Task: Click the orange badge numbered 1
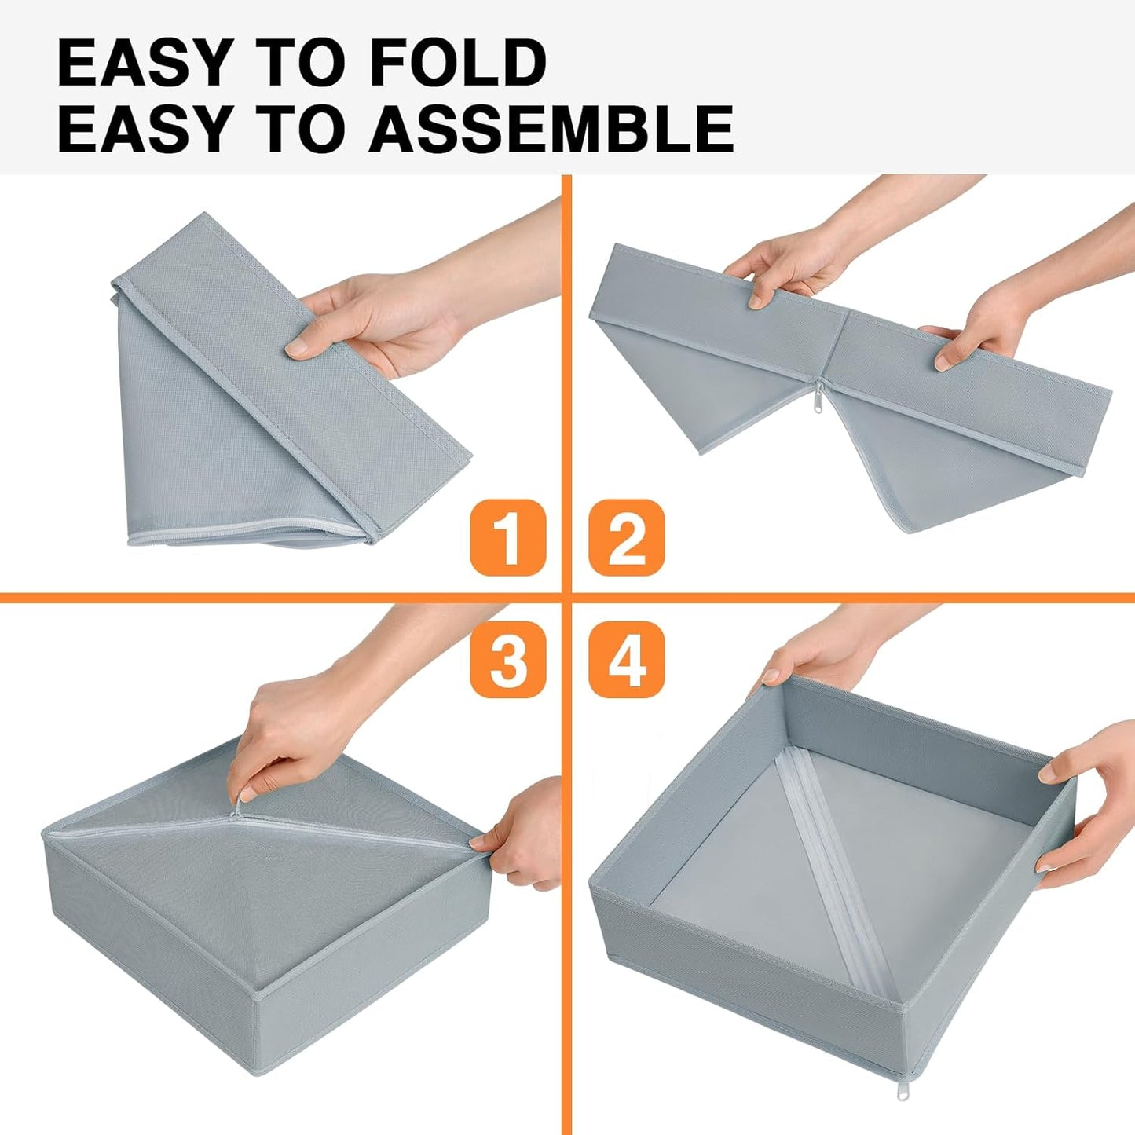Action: tap(507, 538)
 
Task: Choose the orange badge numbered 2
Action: tap(626, 538)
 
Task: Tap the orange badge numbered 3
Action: tap(507, 659)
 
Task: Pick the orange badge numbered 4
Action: tap(626, 659)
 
